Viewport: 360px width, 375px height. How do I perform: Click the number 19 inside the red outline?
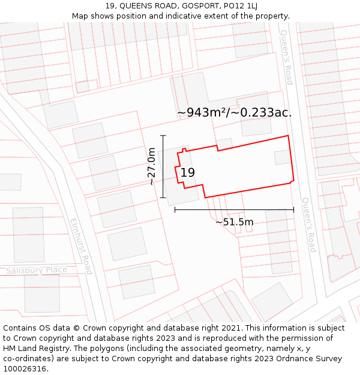tap(187, 173)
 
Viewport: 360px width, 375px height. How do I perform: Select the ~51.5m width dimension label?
tap(234, 222)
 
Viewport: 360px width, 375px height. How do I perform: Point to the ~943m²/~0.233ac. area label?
tap(235, 112)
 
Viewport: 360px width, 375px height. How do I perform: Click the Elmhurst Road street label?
tap(80, 246)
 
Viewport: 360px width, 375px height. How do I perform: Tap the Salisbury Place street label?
tap(37, 270)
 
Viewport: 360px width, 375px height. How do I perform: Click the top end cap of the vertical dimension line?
tap(163, 136)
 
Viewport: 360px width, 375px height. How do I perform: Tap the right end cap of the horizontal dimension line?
tap(294, 210)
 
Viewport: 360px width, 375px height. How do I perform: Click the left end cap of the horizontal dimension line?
tap(175, 210)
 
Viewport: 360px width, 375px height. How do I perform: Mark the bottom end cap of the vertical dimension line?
tap(163, 198)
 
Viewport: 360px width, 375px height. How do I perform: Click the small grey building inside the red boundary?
tap(282, 157)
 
